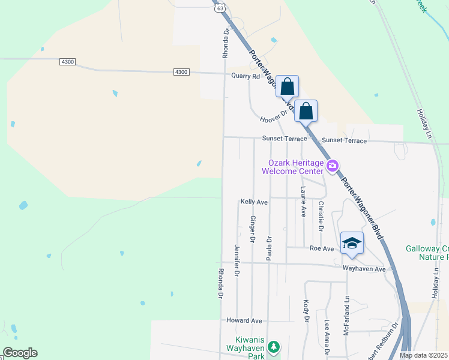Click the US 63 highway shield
point(221,8)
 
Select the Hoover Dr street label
point(274,119)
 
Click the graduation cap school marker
point(352,243)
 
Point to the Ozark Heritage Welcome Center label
point(295,166)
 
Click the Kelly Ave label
point(254,203)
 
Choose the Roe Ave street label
point(321,248)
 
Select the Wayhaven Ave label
point(364,269)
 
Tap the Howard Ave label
point(244,321)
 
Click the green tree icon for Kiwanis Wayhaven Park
point(274,347)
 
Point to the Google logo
point(20,353)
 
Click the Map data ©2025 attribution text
point(424,355)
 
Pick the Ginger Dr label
point(253,229)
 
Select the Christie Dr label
point(321,217)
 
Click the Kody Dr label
point(306,310)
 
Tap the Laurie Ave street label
point(304,202)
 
